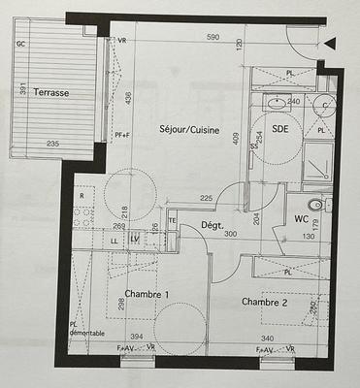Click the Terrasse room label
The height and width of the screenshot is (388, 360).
click(50, 93)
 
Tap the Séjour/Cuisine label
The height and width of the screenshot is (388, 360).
click(189, 130)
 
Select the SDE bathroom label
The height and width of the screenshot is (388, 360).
click(280, 129)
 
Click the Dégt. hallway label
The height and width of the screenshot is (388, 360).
click(213, 224)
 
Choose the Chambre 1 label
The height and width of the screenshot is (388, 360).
click(147, 295)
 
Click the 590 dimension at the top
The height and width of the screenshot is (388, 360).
click(213, 38)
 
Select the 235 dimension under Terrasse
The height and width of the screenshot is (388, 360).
click(53, 145)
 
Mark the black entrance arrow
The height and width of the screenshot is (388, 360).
click(330, 43)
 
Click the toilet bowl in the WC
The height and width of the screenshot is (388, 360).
click(314, 206)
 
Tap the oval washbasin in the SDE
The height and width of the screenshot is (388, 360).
click(277, 101)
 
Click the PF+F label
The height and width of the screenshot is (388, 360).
click(122, 135)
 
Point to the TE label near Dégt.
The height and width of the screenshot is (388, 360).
click(174, 221)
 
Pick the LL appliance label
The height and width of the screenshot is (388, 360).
click(115, 240)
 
